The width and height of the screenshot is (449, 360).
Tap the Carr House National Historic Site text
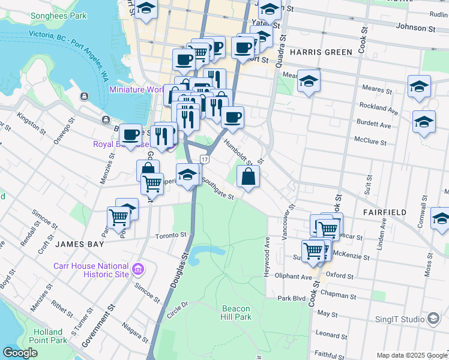91,269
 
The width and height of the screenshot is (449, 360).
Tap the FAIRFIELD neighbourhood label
384,212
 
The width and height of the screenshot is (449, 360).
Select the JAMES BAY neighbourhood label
80,244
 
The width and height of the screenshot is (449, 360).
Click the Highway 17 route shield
205,160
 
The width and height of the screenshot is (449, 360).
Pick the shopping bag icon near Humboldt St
248,177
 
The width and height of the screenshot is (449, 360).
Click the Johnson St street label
415,28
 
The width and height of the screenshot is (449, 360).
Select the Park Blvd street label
292,298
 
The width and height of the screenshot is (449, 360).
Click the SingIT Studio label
399,319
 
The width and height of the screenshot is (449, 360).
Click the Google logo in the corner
20,352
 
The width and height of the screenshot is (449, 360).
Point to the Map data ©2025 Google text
411,355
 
